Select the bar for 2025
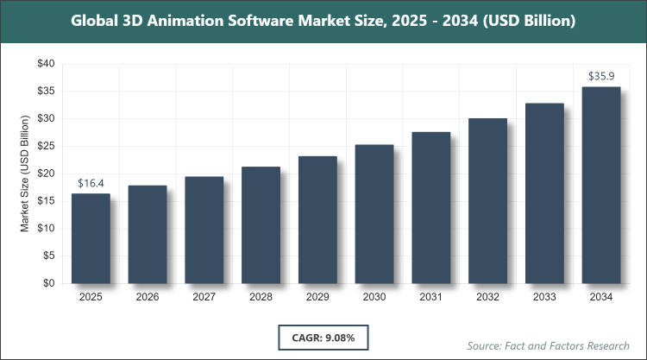tap(91, 238)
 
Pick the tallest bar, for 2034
tap(601, 185)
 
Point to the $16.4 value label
tap(91, 184)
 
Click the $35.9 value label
tap(601, 77)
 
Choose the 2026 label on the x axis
tap(148, 297)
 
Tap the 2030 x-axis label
tap(374, 297)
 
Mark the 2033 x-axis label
tap(544, 297)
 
